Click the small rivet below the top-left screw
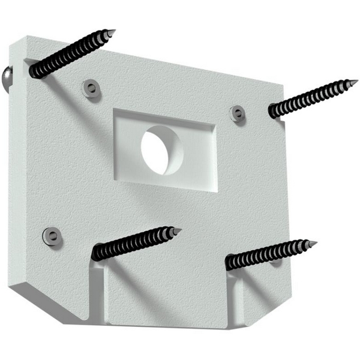click(91, 89)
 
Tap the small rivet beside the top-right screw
click(238, 113)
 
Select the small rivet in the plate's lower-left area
click(52, 235)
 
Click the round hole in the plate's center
click(160, 151)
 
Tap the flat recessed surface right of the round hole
click(198, 159)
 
